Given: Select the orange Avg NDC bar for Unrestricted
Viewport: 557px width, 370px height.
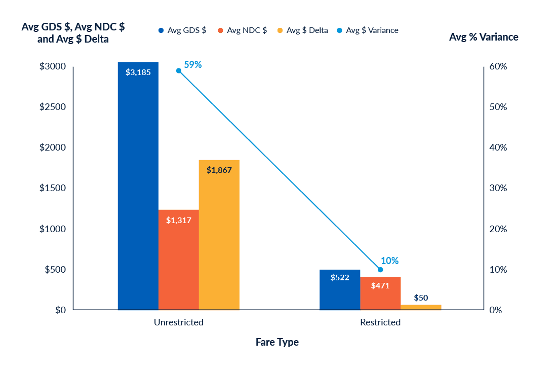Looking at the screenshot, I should click(178, 259).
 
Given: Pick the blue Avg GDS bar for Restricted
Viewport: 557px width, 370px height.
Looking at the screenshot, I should click(340, 289).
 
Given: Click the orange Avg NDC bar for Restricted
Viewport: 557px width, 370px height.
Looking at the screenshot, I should click(380, 293).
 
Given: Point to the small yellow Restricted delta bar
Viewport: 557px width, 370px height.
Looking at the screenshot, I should click(421, 307).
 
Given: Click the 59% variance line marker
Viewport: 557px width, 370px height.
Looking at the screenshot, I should click(179, 71).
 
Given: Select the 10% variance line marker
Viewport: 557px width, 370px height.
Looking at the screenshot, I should click(380, 270).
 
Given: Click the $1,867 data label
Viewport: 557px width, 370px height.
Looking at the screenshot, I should click(219, 170).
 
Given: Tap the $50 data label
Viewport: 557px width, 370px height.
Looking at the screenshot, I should click(421, 298).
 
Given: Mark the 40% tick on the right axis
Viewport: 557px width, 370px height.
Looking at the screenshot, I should click(498, 147).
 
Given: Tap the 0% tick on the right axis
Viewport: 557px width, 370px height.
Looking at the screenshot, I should click(495, 310).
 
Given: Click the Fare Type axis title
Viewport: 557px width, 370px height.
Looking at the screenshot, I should click(277, 342).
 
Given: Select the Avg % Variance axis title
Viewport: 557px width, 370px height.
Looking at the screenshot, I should click(484, 37).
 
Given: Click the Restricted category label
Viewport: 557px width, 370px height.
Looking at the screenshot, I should click(380, 322).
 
